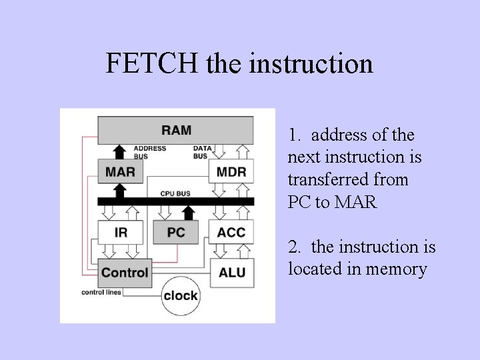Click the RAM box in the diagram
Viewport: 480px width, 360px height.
[x=175, y=129]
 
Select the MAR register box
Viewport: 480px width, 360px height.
[x=120, y=171]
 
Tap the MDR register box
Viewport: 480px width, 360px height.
[x=231, y=171]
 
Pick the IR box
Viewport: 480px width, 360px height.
[x=120, y=233]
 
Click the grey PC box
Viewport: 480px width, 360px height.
[x=176, y=233]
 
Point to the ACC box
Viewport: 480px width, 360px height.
[x=231, y=233]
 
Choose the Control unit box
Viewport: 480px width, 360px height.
[x=125, y=273]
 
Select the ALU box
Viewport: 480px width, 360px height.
[x=231, y=273]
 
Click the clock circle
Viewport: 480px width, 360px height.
[x=181, y=295]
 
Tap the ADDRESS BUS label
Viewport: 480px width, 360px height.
[x=149, y=152]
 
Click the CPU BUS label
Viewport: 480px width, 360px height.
[x=175, y=193]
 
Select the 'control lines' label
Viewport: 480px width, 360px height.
[x=101, y=293]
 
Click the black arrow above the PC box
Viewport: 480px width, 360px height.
[x=189, y=213]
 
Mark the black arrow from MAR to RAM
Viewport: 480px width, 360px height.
[x=120, y=150]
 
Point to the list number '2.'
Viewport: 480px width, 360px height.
[x=295, y=247]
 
